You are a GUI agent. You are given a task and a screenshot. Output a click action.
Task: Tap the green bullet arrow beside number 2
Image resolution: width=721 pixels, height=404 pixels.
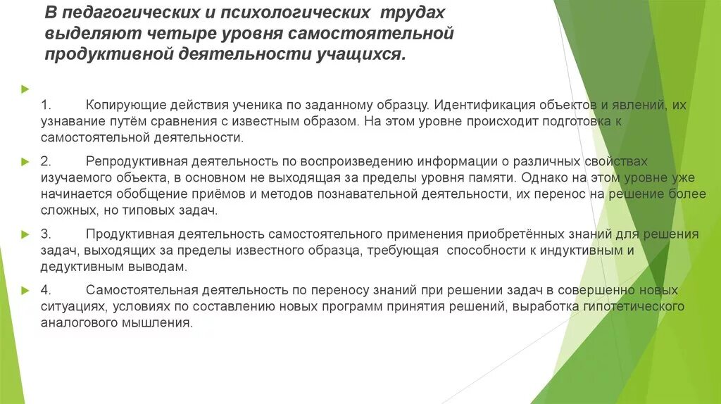pos(26,161)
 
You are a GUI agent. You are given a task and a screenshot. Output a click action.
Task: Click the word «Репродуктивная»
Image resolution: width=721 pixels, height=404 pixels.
pos(133,161)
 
